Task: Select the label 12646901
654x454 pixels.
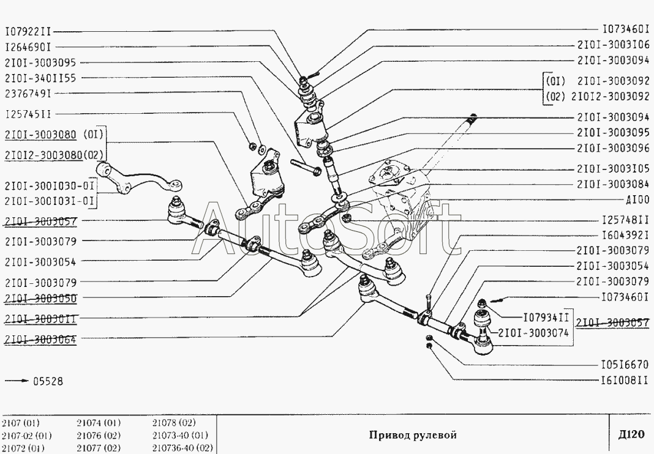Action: point(28,47)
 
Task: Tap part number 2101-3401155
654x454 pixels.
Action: point(40,78)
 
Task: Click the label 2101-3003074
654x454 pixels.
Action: point(533,333)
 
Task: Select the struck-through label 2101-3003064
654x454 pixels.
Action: point(40,339)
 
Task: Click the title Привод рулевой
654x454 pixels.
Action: point(413,435)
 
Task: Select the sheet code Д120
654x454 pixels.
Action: point(631,435)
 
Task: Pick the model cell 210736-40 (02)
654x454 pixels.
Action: point(182,448)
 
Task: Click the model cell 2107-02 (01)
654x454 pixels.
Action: point(27,436)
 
